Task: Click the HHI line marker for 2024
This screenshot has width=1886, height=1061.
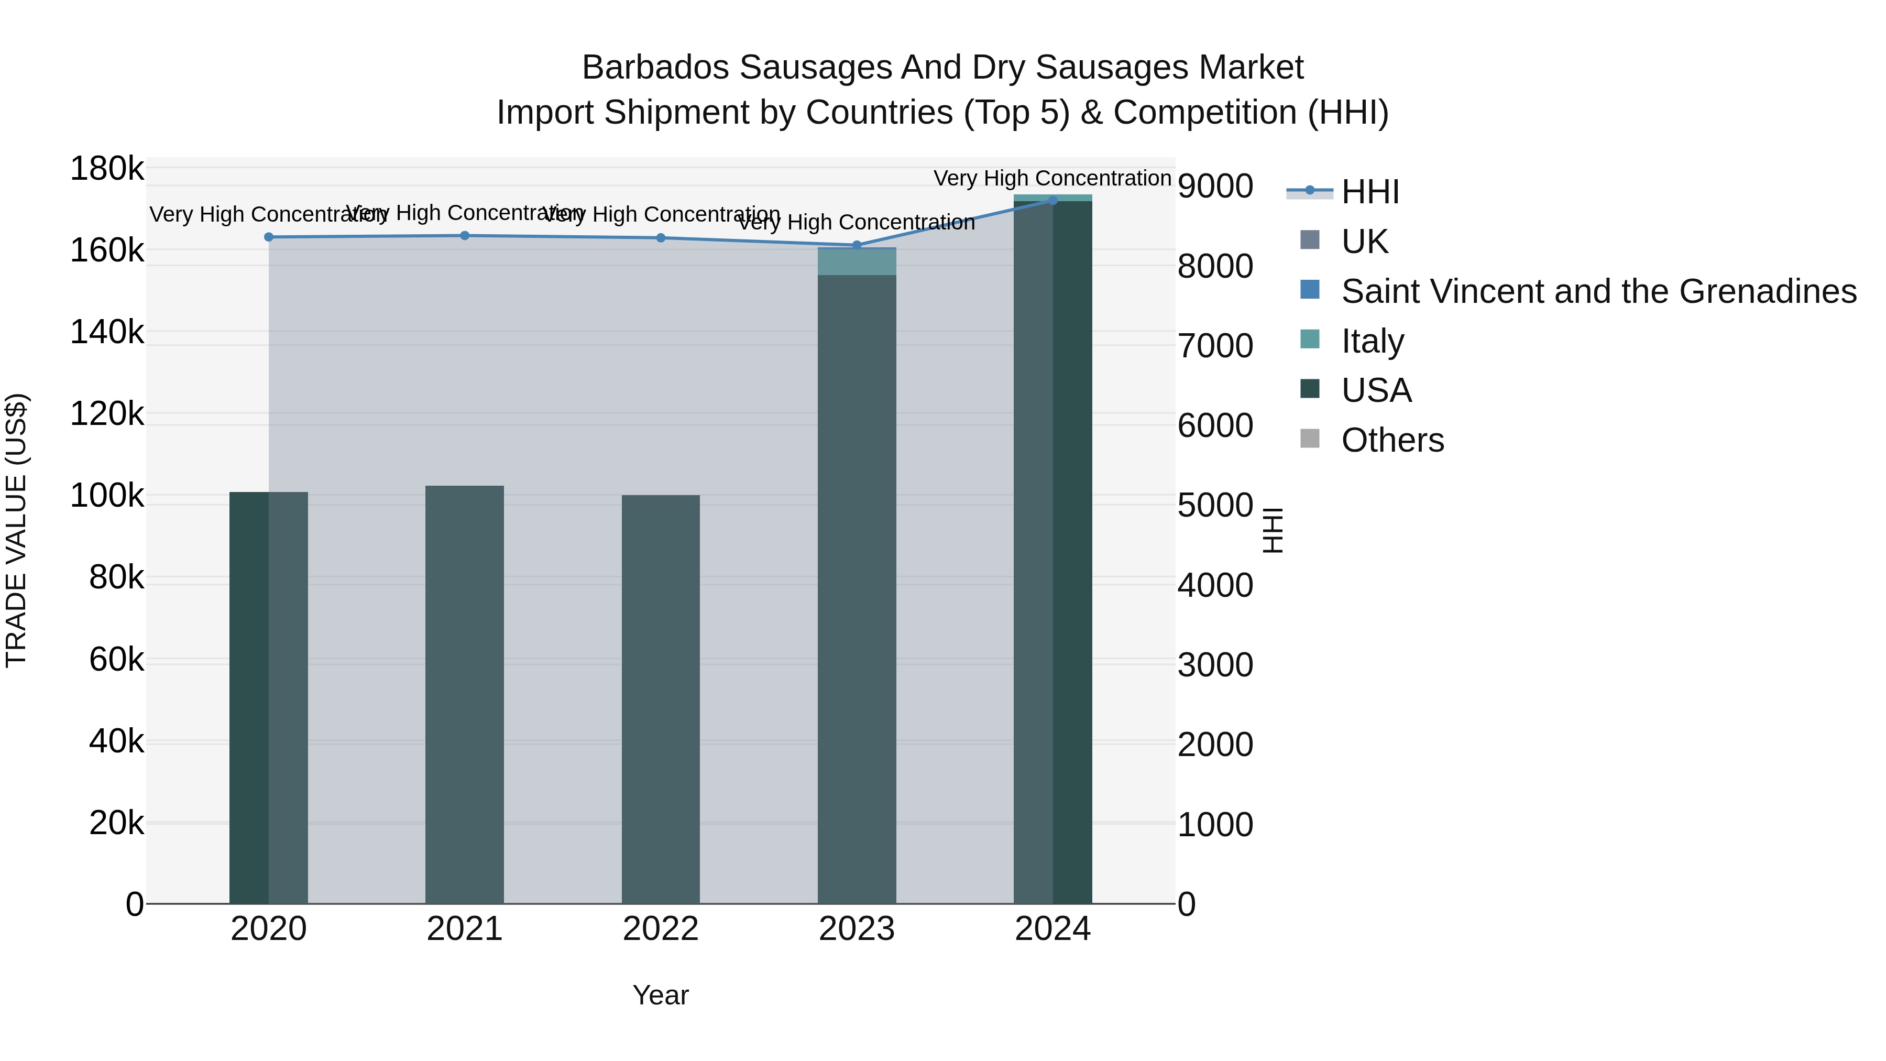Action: [1053, 200]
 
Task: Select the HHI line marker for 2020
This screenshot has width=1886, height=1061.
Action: [269, 236]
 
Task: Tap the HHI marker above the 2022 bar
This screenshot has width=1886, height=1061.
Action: [661, 237]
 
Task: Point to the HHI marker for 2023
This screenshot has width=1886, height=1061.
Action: [857, 245]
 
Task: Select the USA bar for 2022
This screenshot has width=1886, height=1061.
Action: [661, 699]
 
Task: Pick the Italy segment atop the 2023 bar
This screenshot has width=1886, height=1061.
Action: [857, 261]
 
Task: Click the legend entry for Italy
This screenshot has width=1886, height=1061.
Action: [1372, 341]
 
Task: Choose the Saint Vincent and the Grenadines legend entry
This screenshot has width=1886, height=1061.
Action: [1598, 291]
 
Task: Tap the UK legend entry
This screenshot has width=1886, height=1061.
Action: [1364, 241]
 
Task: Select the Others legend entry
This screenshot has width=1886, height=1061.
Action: [1392, 440]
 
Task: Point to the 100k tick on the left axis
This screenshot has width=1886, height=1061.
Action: [107, 496]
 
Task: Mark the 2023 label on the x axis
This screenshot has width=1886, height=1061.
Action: [857, 929]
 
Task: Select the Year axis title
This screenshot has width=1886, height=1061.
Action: [661, 995]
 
